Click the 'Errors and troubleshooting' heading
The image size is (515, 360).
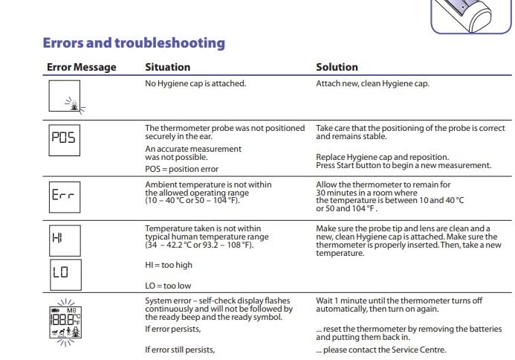pos(134,43)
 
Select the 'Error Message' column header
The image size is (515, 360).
pos(82,68)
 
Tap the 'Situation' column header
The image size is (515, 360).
pos(167,68)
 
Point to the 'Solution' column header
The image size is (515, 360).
pos(337,68)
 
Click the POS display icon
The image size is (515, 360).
pos(64,138)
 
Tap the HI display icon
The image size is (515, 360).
pos(64,239)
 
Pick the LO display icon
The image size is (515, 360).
pos(64,272)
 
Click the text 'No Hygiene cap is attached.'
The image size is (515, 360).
pos(195,83)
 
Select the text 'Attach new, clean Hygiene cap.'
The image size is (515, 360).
pos(372,83)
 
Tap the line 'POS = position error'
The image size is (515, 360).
pos(181,170)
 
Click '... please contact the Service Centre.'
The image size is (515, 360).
pos(381,350)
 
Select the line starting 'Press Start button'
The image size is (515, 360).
pos(404,165)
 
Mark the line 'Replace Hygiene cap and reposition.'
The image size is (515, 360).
pos(382,157)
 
